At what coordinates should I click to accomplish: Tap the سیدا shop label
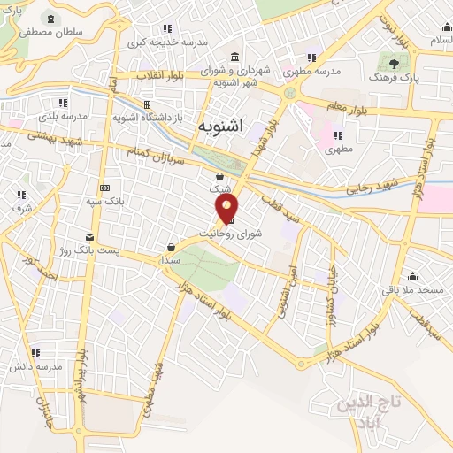point(170,262)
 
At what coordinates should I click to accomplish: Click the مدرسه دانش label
point(35,365)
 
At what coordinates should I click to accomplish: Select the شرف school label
point(21,208)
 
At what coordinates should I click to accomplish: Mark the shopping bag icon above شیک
point(219,176)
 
